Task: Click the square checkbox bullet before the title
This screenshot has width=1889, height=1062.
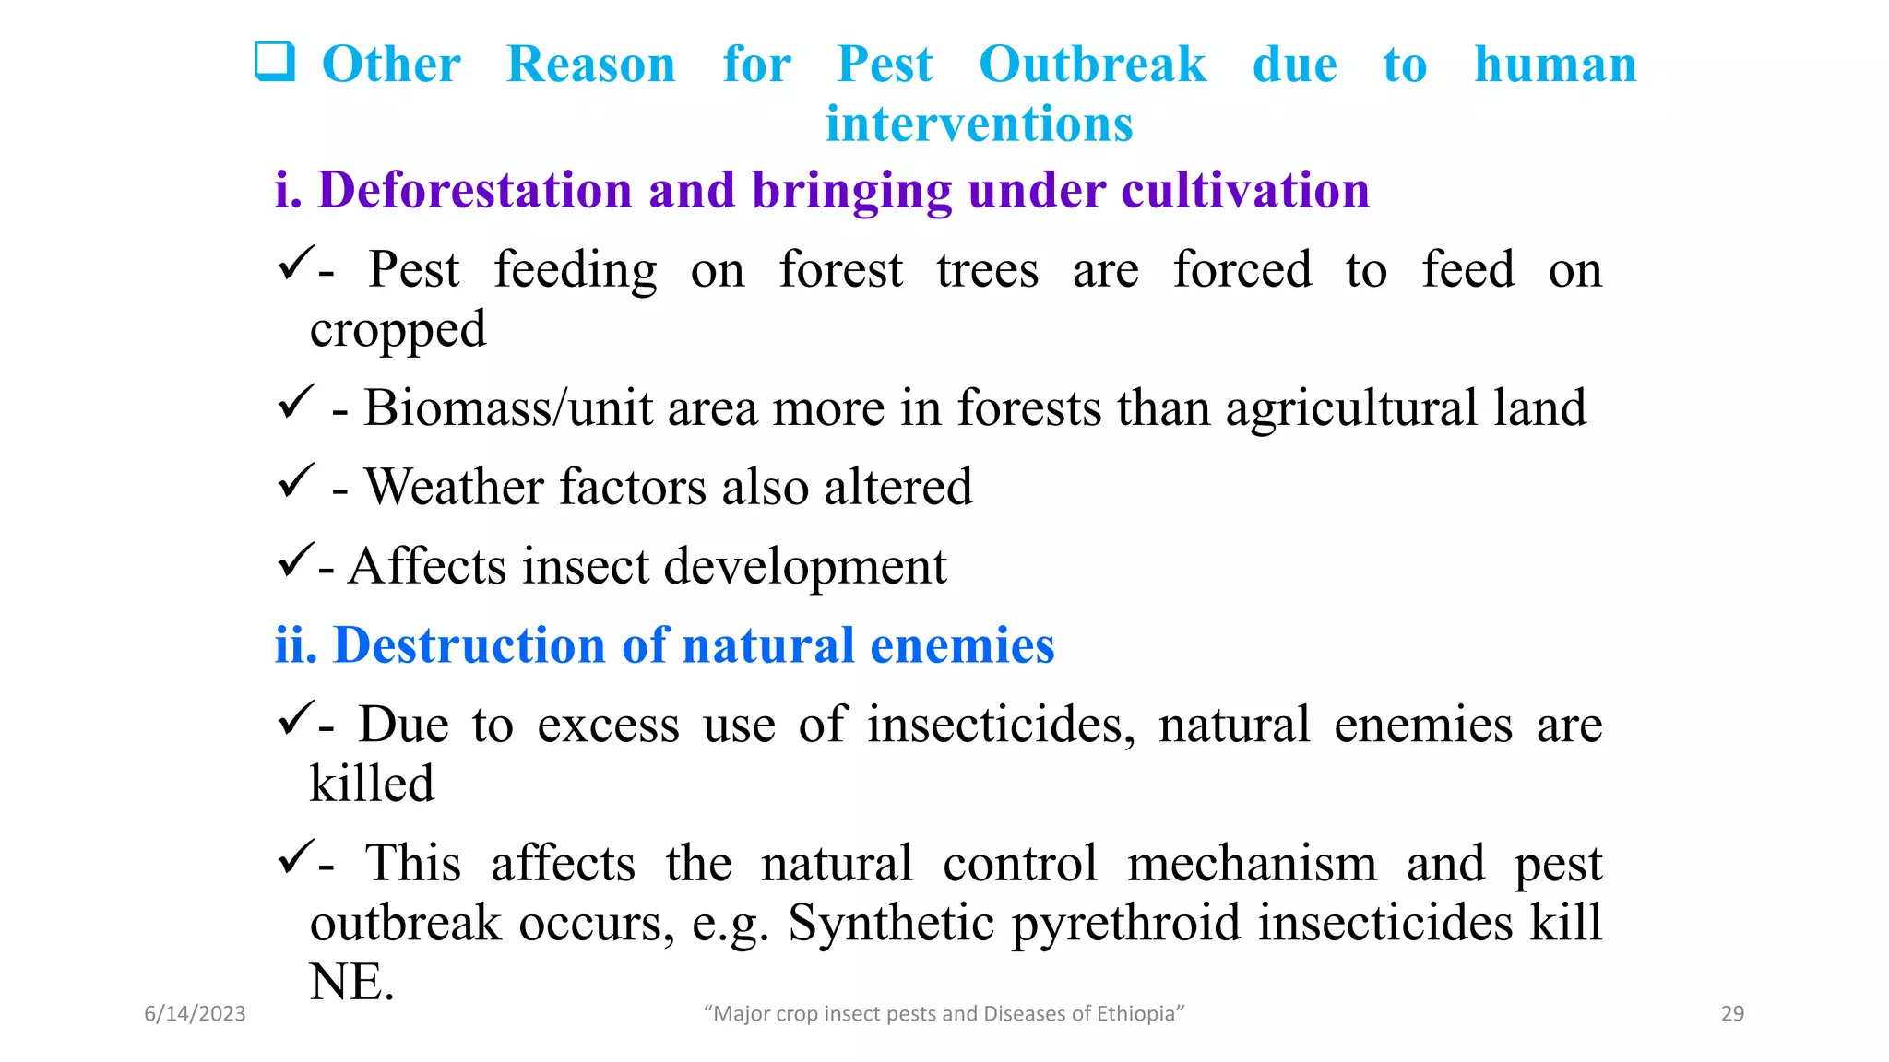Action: (275, 62)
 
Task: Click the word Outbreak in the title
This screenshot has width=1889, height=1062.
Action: (1092, 65)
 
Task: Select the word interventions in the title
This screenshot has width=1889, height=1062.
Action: (979, 124)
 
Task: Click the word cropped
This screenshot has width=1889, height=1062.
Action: (398, 330)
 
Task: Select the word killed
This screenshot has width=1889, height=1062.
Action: (372, 785)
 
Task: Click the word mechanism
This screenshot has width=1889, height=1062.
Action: (1252, 864)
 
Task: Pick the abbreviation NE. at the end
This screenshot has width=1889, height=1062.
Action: (351, 982)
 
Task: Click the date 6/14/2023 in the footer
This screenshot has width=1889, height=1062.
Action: (195, 1014)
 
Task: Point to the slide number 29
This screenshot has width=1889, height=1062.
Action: (1732, 1014)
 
